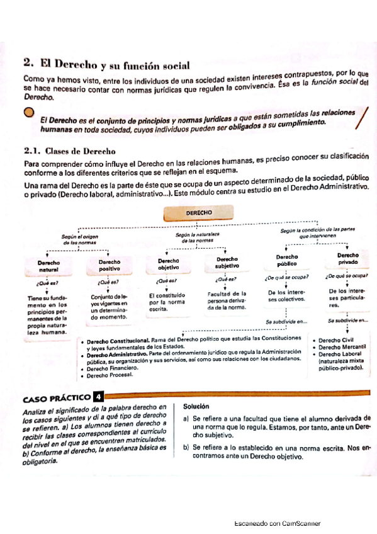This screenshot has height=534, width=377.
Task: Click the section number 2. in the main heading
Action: click(x=27, y=62)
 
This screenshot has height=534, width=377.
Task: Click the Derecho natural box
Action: click(x=48, y=265)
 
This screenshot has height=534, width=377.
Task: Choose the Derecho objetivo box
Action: click(x=168, y=263)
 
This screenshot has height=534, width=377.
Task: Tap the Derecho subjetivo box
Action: click(x=227, y=263)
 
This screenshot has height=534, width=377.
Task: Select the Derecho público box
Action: click(x=287, y=260)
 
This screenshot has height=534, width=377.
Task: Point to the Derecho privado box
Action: click(x=347, y=259)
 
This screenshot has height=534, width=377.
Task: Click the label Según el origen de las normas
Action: click(x=79, y=239)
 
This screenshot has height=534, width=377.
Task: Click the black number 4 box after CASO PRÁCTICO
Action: click(x=98, y=397)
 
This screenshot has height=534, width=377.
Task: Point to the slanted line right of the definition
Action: click(x=360, y=118)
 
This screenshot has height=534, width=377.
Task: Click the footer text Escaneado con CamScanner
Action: click(x=277, y=523)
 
